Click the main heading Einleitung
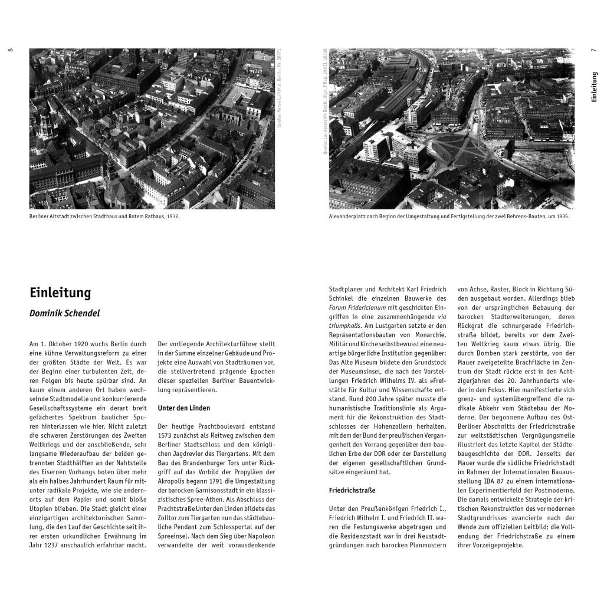pos(60,293)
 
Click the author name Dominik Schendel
pos(65,313)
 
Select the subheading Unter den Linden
pos(184,408)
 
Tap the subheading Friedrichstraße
pos(352,490)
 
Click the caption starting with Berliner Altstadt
pos(104,216)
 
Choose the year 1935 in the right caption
pos(563,216)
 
